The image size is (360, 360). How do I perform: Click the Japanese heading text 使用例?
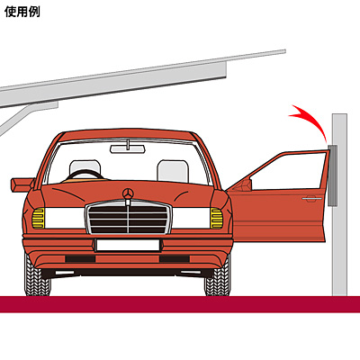pos(22,12)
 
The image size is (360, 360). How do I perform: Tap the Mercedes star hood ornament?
pos(128,193)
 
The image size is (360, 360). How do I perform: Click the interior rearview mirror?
pos(128,148)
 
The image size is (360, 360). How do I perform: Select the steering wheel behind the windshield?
pos(84,175)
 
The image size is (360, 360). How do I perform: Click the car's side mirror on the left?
pos(22,184)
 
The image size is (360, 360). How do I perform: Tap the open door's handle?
pos(312,199)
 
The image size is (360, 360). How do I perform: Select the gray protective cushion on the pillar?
pos(333,175)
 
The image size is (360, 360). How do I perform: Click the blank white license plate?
pos(128,245)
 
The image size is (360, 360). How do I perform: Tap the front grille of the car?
pos(129,218)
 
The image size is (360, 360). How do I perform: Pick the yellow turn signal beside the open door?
pos(216,218)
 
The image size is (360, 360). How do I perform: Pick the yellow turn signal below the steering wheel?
pos(39,218)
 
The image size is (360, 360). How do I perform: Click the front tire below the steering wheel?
pos(37,276)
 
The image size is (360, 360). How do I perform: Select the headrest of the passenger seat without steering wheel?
pos(173,171)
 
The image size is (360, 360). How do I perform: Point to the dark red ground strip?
pos(180,304)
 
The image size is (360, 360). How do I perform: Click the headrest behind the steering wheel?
pos(85,167)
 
